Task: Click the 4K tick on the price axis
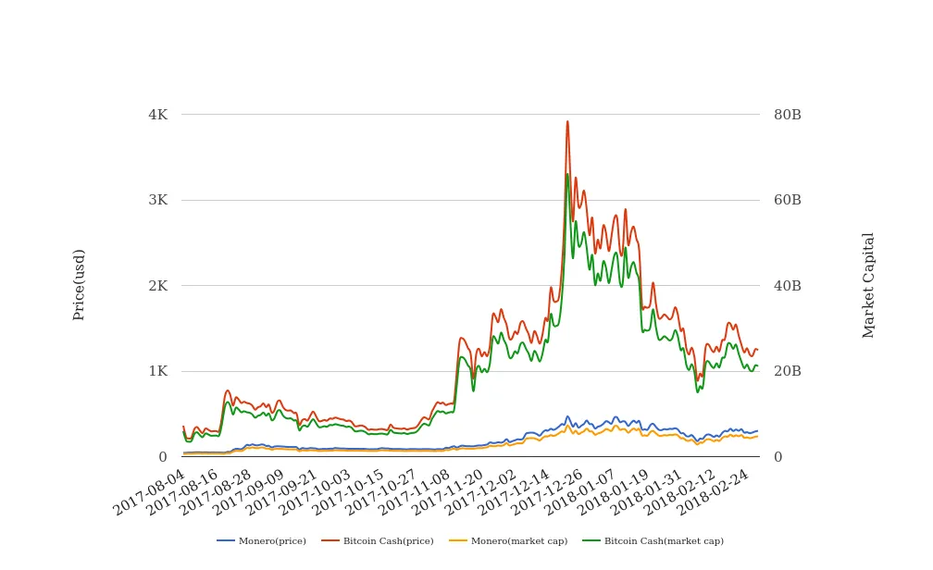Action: tap(157, 115)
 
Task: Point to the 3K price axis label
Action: tap(157, 200)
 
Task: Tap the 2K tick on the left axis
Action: tap(157, 286)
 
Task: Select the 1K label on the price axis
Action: tap(157, 371)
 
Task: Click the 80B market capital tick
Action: tap(788, 115)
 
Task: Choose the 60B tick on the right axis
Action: tap(788, 200)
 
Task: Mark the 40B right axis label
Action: tap(788, 286)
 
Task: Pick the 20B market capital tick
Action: tap(788, 371)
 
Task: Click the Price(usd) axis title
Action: tap(79, 285)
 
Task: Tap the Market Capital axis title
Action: tap(868, 285)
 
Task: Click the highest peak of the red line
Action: tap(567, 121)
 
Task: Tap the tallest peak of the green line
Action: tap(567, 174)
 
